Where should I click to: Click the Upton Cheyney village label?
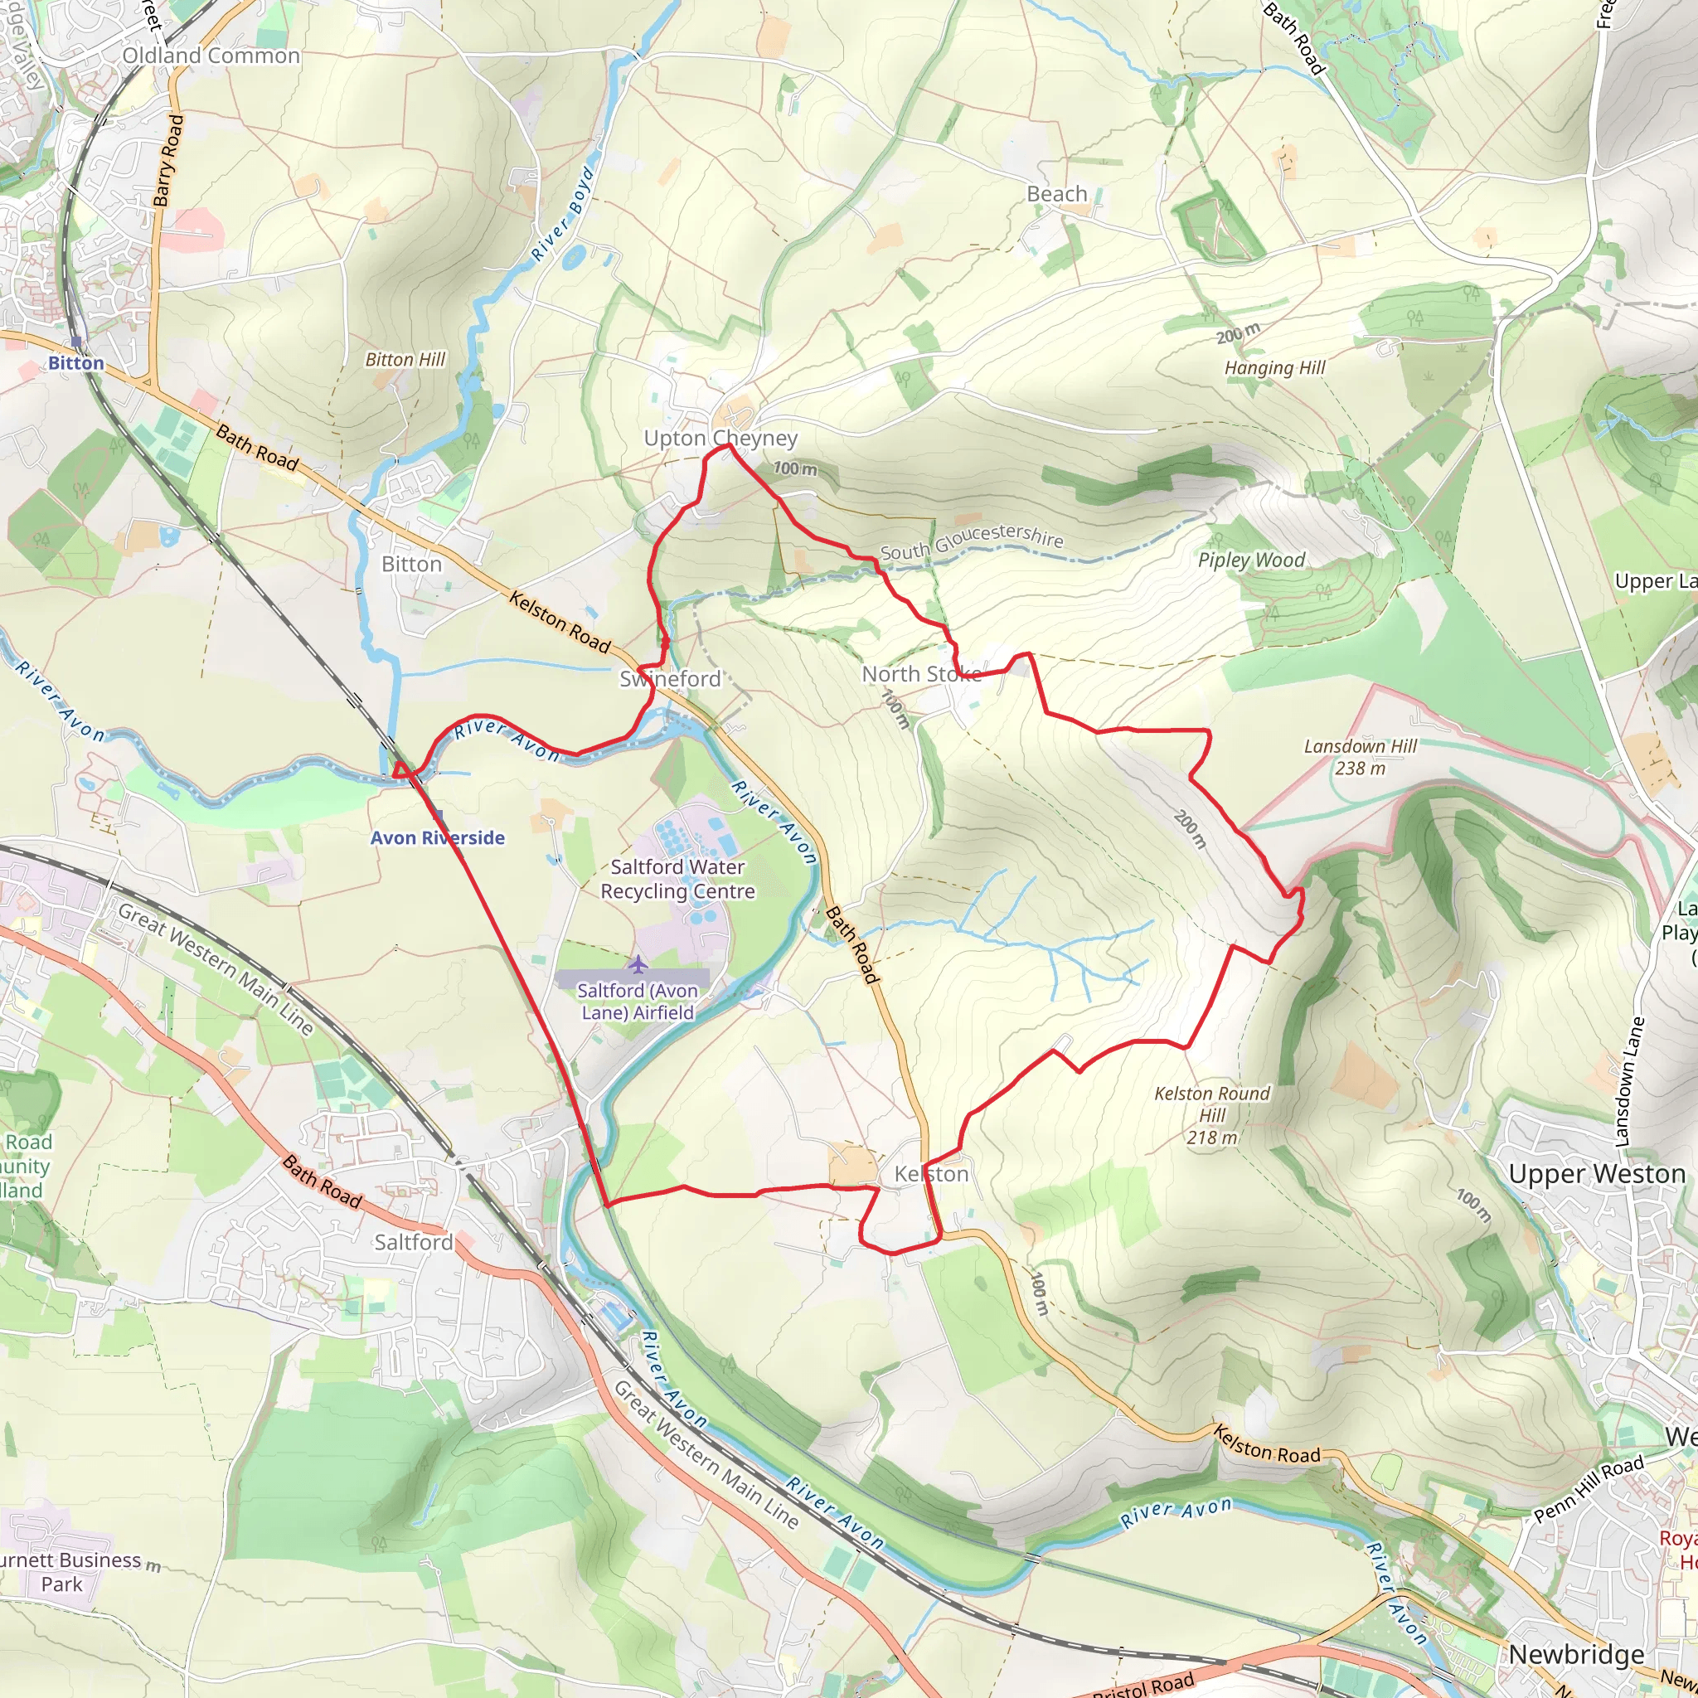coord(720,438)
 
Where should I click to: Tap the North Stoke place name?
coord(921,674)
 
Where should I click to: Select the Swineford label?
coord(670,678)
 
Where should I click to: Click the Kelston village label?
coord(931,1174)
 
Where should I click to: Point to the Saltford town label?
coord(413,1242)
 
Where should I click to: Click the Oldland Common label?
coord(211,56)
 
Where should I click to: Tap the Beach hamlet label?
coord(1056,194)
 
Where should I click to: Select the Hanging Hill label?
coord(1274,368)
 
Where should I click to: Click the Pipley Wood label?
coord(1250,560)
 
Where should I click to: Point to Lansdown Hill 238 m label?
coord(1360,757)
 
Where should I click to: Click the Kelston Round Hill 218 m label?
coord(1212,1115)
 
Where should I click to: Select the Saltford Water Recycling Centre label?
coord(677,879)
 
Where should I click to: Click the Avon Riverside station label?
coord(438,837)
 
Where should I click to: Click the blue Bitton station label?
coord(75,363)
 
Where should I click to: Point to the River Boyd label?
coord(563,215)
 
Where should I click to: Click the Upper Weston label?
coord(1597,1174)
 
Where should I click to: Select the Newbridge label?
coord(1577,1654)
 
